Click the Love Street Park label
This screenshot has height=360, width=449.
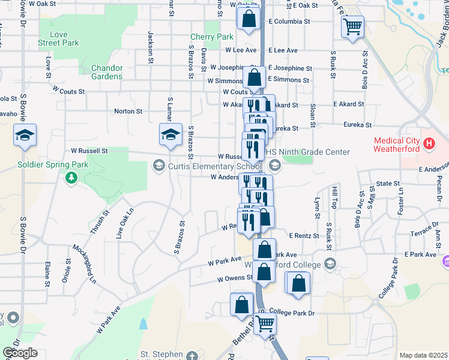pyautogui.click(x=59, y=39)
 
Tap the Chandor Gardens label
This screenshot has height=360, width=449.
pyautogui.click(x=107, y=72)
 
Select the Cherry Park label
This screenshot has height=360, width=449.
pyautogui.click(x=211, y=37)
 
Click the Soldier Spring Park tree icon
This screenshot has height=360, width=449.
pyautogui.click(x=71, y=177)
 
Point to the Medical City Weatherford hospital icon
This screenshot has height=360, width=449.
pyautogui.click(x=429, y=144)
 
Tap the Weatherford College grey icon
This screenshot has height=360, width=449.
pyautogui.click(x=329, y=263)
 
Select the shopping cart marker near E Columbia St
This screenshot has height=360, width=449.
pyautogui.click(x=352, y=26)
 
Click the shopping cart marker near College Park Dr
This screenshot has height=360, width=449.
pyautogui.click(x=265, y=323)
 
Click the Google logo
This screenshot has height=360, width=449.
pyautogui.click(x=20, y=353)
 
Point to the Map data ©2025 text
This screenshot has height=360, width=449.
pyautogui.click(x=423, y=355)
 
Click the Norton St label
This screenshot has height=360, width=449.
pyautogui.click(x=128, y=111)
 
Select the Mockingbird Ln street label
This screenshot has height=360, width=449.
pyautogui.click(x=84, y=263)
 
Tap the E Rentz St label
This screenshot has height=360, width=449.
pyautogui.click(x=303, y=236)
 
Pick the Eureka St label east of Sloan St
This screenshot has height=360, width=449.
pyautogui.click(x=358, y=126)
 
